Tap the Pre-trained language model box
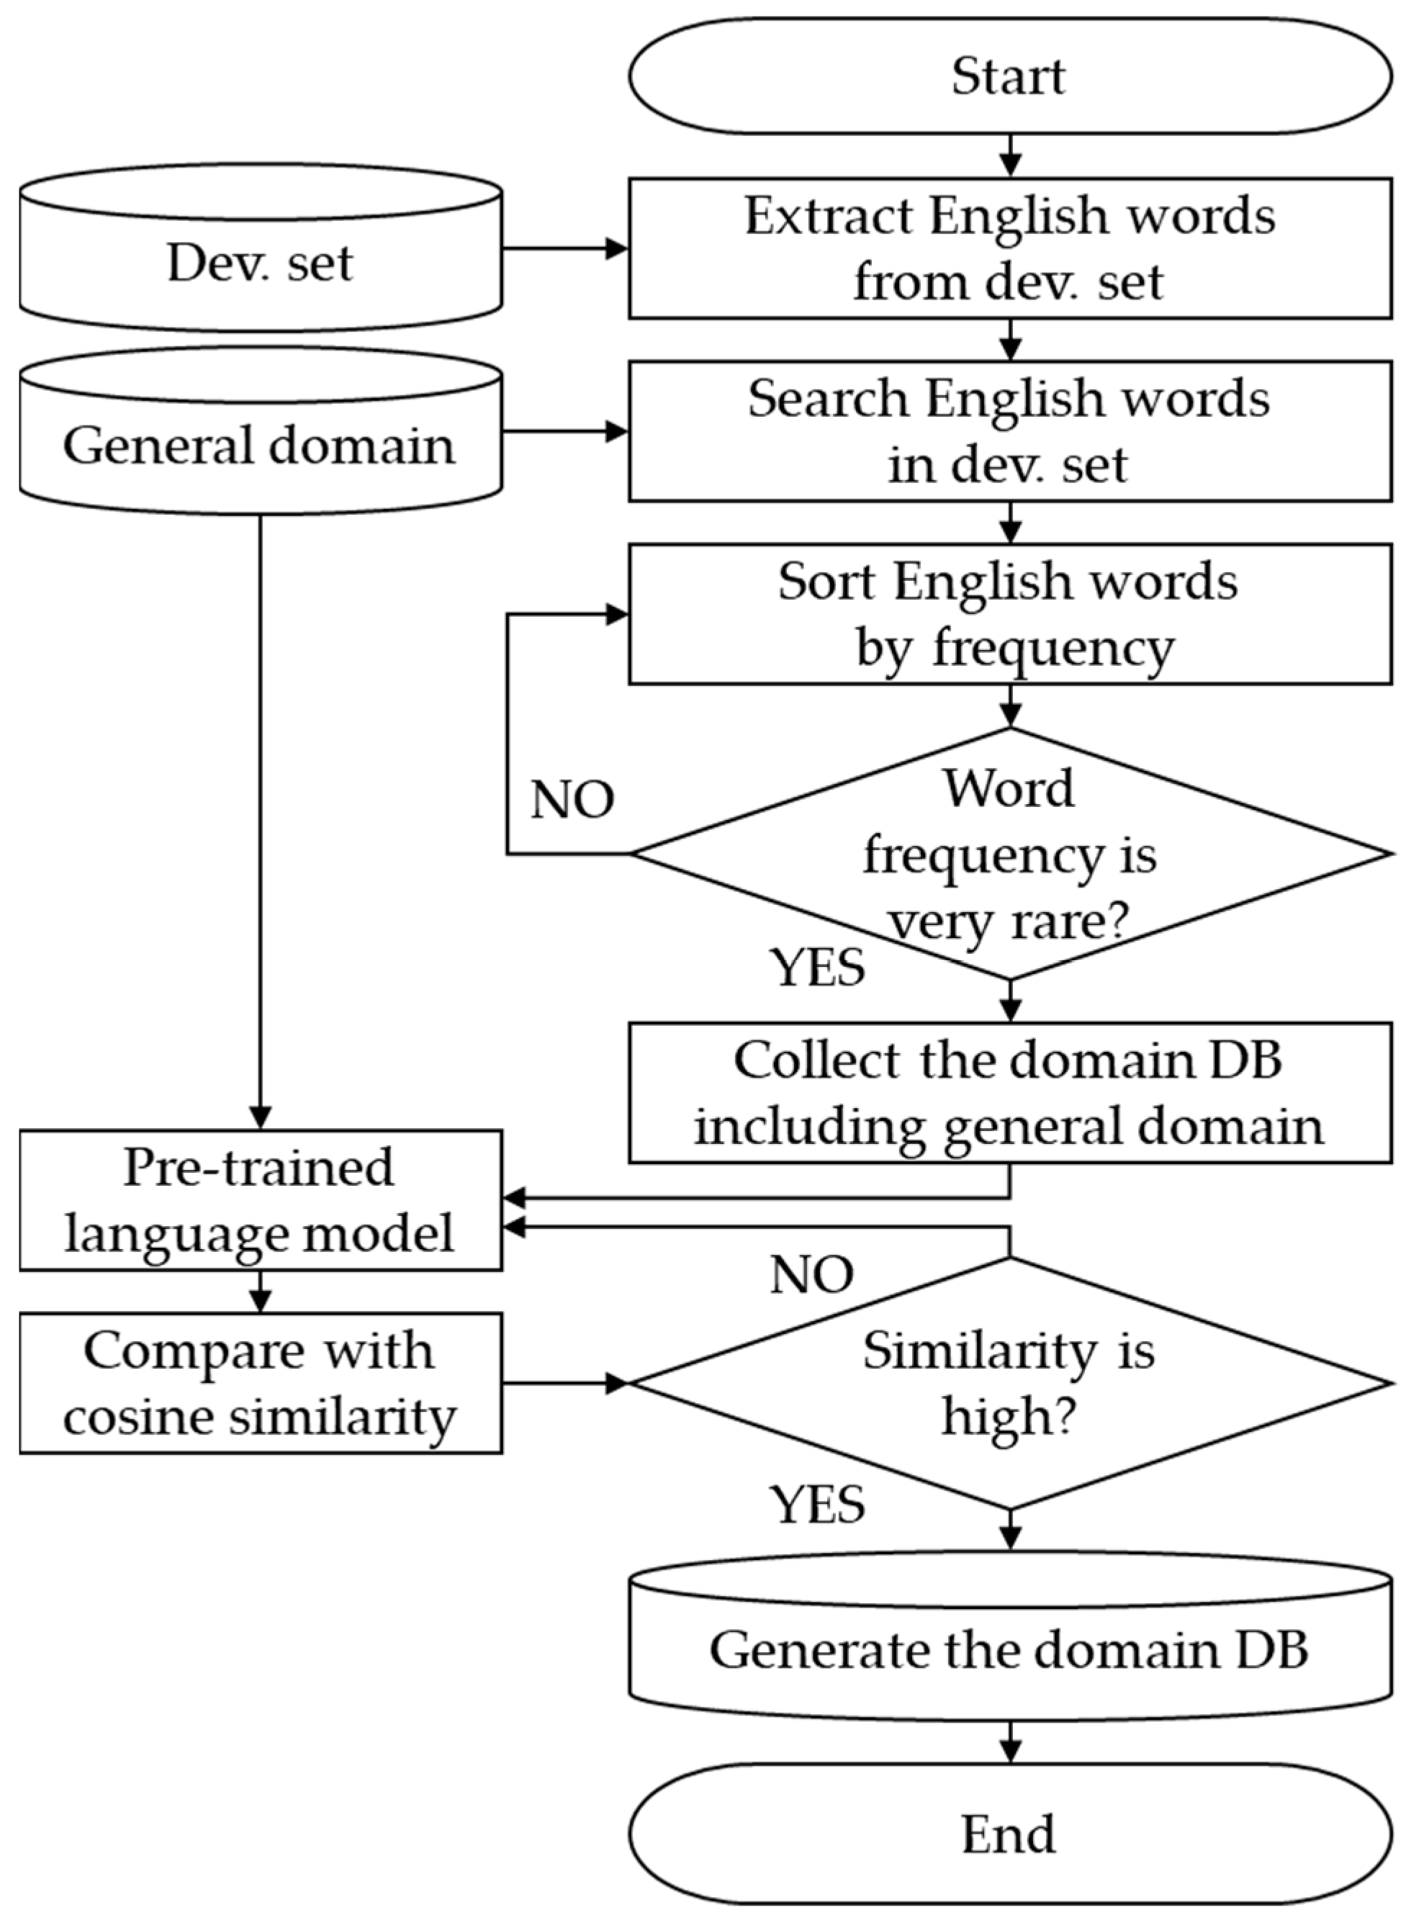coord(261,1200)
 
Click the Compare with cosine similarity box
coord(261,1383)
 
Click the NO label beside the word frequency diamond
coord(572,801)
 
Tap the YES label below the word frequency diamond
coord(819,968)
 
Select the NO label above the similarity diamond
coord(811,1275)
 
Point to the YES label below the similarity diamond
coord(819,1504)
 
